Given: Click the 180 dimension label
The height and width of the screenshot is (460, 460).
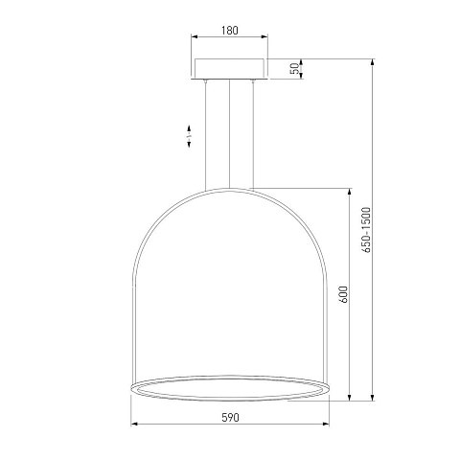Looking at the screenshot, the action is click(230, 31).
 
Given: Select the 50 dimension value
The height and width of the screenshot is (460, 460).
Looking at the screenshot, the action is click(296, 69).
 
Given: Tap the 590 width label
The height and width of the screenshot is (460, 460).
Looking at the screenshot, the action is click(230, 418).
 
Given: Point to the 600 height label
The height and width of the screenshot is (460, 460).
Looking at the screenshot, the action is click(342, 294).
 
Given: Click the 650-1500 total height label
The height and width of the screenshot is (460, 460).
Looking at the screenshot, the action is click(367, 230).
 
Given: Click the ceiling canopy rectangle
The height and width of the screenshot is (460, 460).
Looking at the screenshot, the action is click(230, 69).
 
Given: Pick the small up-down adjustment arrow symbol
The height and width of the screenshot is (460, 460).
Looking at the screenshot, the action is click(189, 136).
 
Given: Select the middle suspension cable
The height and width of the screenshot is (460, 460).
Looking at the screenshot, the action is click(229, 133).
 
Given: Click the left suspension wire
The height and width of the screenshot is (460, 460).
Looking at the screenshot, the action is click(206, 135).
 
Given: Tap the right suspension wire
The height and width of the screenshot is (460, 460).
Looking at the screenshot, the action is click(253, 135).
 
